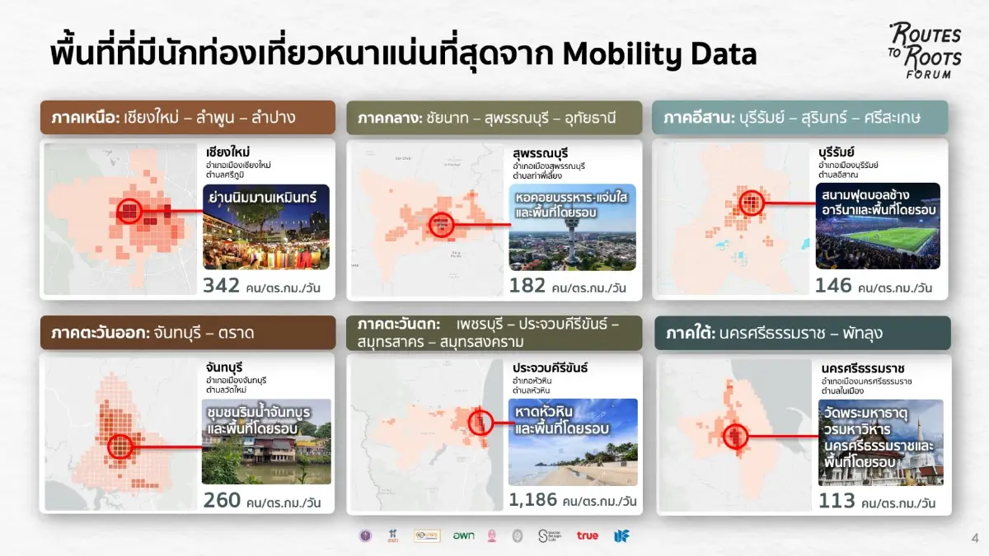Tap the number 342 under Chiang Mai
222,286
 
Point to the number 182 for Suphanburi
527,286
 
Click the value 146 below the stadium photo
833,286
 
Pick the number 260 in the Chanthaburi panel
222,499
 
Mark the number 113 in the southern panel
837,501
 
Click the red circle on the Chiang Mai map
129,212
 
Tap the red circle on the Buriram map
751,202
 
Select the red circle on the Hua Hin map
480,423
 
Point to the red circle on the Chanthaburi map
121,446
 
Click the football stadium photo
878,226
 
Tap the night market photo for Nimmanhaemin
266,227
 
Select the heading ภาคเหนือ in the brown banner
82,118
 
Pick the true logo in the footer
588,535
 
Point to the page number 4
974,538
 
